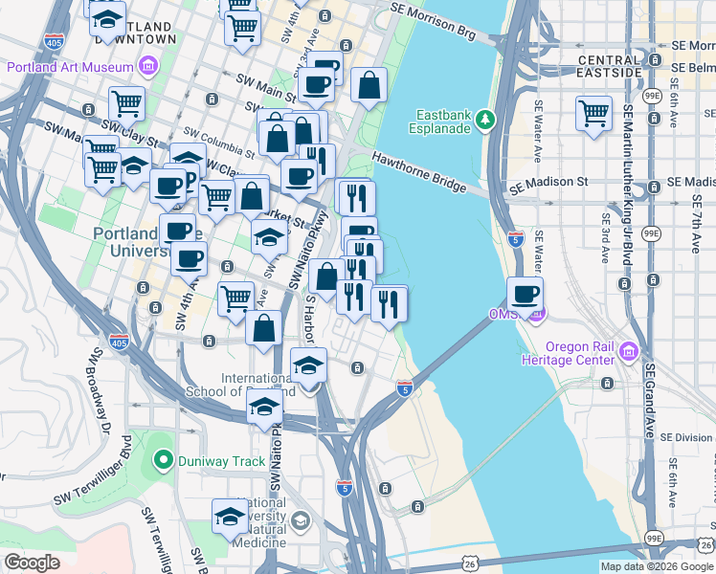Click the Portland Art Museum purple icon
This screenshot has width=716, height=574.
point(148,66)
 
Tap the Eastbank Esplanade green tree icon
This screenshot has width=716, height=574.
point(486,119)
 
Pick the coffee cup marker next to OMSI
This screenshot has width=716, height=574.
point(525,295)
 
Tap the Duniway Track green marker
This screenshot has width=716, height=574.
point(163,461)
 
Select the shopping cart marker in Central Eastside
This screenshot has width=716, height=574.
point(593,112)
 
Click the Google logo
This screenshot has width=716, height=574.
point(32,563)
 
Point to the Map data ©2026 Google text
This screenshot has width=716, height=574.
point(656,566)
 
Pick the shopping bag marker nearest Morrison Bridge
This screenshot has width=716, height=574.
point(369,87)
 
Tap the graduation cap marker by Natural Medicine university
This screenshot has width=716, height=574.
point(230,518)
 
